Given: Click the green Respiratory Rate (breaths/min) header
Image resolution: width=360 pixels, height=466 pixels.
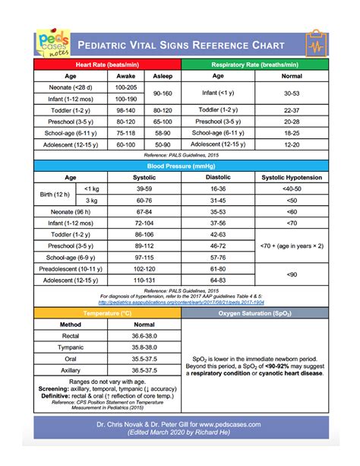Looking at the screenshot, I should coord(254,65).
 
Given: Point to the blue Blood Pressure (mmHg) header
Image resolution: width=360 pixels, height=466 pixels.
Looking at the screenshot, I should coord(181,164).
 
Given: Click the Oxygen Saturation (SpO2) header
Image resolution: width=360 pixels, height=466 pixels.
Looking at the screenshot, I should coord(254,313).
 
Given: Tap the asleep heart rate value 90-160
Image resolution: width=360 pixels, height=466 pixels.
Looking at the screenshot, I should coord(163,94).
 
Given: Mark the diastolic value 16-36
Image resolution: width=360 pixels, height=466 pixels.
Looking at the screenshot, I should coord(218,188).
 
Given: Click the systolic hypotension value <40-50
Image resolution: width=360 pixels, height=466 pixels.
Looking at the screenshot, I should coord(292,188).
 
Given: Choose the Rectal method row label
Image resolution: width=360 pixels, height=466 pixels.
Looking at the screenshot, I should coord(70,336).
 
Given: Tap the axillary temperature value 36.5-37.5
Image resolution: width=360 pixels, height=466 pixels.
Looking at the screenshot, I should coord(144,369).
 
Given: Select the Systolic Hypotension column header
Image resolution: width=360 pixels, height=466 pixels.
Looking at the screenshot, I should coord(292,176).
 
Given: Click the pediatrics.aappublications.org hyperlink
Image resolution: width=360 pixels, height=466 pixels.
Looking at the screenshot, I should coord(181,301).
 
